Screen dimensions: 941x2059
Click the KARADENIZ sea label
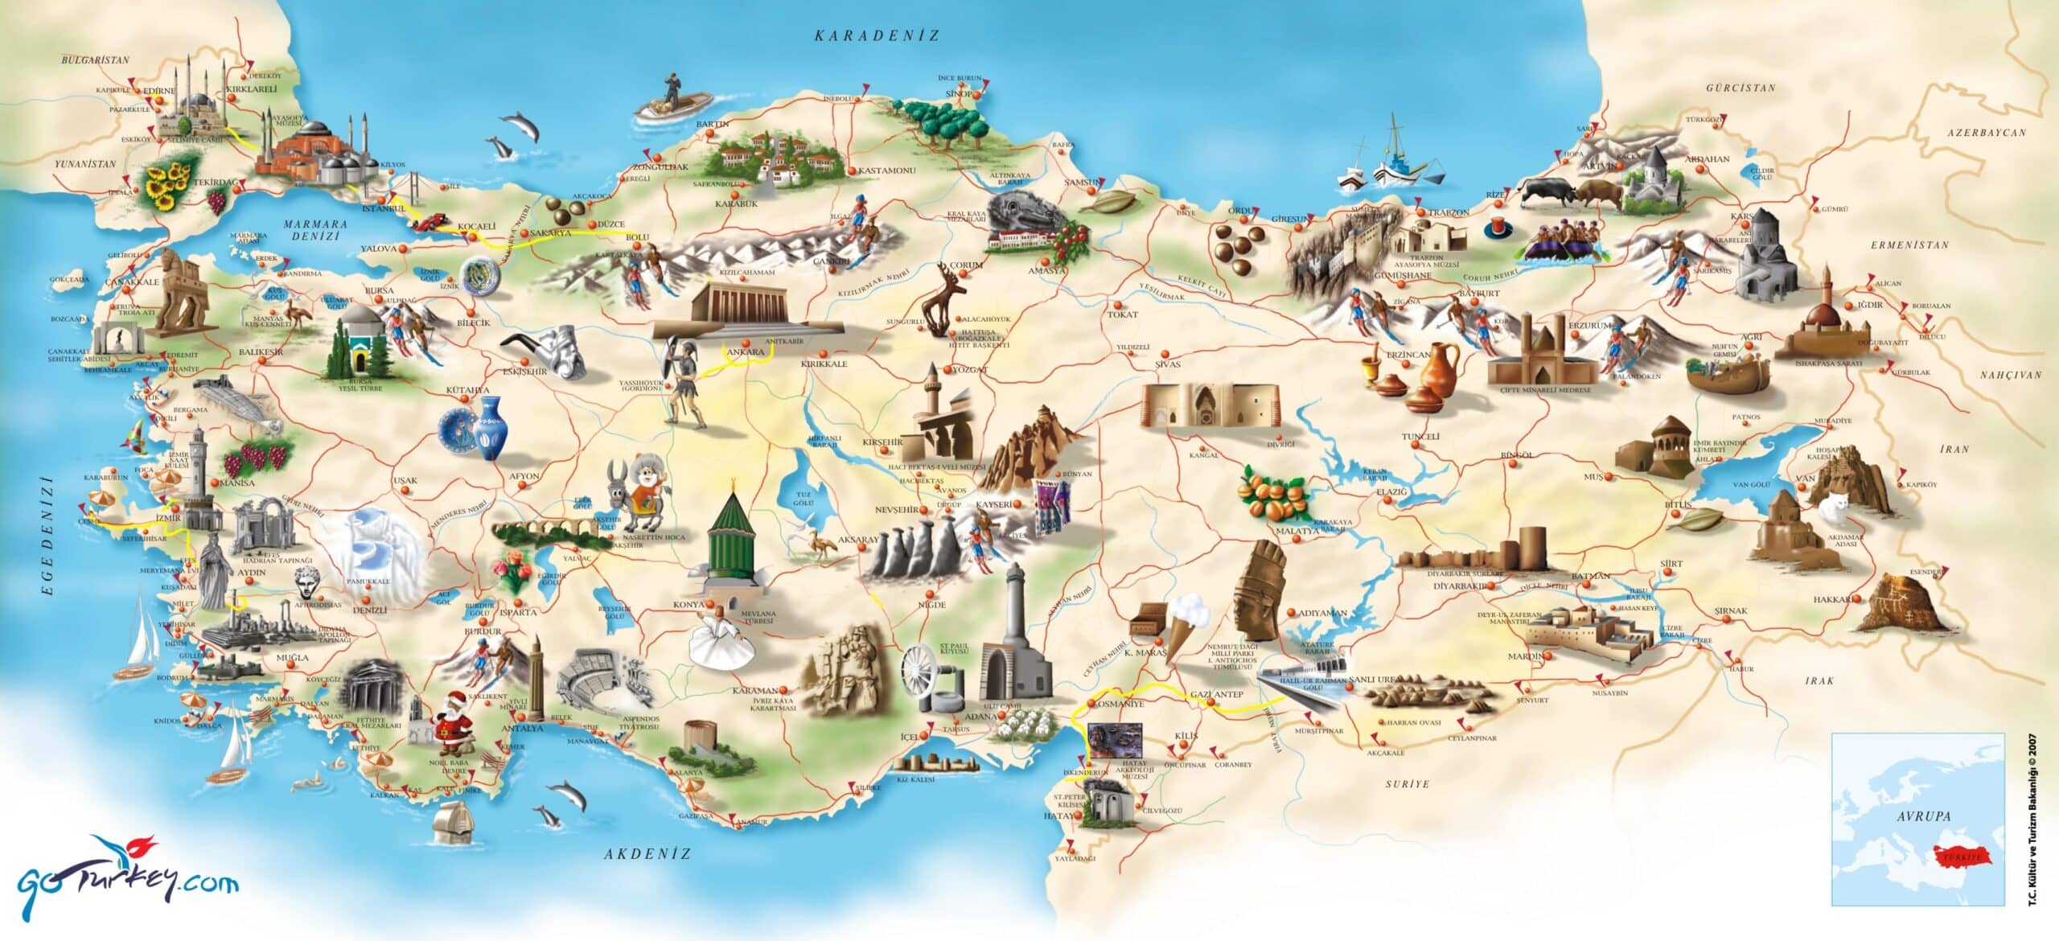point(876,35)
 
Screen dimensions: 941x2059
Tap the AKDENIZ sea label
point(647,853)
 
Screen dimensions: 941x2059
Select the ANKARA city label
point(744,352)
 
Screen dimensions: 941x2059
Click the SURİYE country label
point(1407,783)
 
